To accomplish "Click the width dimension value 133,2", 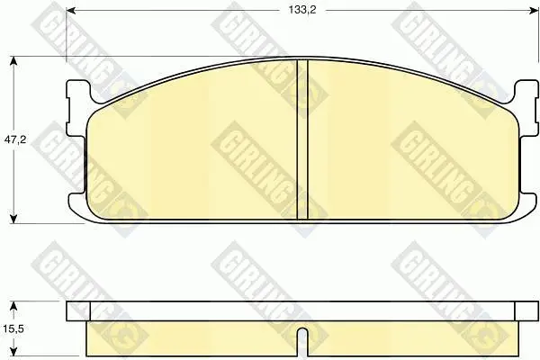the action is pyautogui.click(x=302, y=10).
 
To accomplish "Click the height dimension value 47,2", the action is pyautogui.click(x=15, y=139).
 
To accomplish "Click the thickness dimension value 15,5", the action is pyautogui.click(x=13, y=328).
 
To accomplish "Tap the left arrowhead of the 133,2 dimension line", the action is pyautogui.click(x=70, y=11).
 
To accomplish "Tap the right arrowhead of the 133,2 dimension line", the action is pyautogui.click(x=534, y=11).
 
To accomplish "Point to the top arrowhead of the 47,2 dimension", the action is pyautogui.click(x=13, y=61).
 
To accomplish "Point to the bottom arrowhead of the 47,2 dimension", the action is pyautogui.click(x=13, y=219).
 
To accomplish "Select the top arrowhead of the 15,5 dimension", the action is pyautogui.click(x=13, y=306).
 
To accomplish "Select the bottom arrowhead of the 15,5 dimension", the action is pyautogui.click(x=13, y=351).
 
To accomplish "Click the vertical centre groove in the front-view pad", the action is pyautogui.click(x=302, y=139).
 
